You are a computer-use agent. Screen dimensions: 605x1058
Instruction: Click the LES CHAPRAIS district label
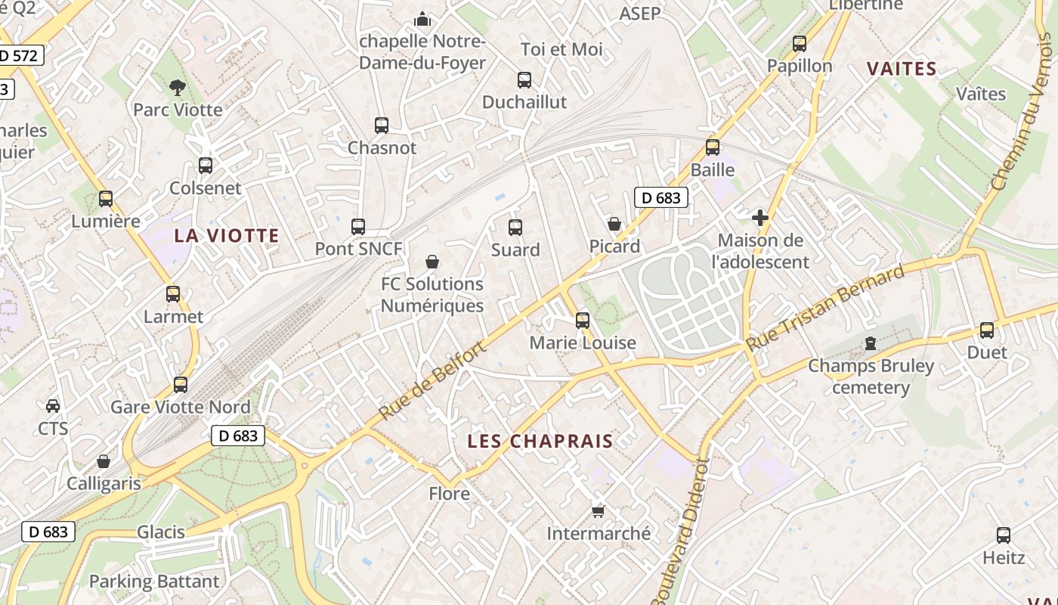pyautogui.click(x=540, y=441)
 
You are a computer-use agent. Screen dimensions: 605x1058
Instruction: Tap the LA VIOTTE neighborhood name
pyautogui.click(x=227, y=236)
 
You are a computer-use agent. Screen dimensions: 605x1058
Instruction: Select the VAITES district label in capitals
pyautogui.click(x=902, y=69)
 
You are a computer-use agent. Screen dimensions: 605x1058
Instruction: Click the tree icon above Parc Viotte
pyautogui.click(x=178, y=88)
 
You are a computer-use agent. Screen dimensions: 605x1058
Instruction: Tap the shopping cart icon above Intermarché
pyautogui.click(x=598, y=512)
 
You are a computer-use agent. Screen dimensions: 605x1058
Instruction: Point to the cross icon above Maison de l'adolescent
pyautogui.click(x=760, y=219)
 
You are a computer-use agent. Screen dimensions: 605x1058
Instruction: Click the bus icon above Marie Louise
pyautogui.click(x=582, y=321)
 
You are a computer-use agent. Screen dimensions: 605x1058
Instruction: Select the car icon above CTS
pyautogui.click(x=53, y=406)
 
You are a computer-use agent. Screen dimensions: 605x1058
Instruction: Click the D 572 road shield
pyautogui.click(x=21, y=55)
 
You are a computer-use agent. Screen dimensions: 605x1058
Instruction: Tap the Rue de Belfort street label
pyautogui.click(x=432, y=380)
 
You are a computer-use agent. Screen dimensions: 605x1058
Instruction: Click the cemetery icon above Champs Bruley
pyautogui.click(x=871, y=344)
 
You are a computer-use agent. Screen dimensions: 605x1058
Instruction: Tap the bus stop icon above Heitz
pyautogui.click(x=1004, y=535)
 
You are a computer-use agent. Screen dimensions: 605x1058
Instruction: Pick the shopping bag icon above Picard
pyautogui.click(x=614, y=224)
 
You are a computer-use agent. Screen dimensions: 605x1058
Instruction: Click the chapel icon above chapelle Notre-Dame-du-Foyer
pyautogui.click(x=422, y=19)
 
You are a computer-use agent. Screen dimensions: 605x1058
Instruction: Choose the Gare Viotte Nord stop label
pyautogui.click(x=181, y=407)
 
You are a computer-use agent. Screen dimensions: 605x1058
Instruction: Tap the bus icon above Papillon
pyautogui.click(x=800, y=44)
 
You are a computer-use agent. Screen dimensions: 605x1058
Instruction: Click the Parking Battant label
pyautogui.click(x=154, y=582)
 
